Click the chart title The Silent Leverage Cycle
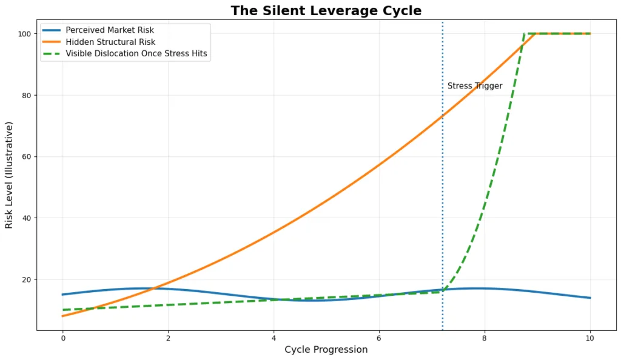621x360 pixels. pos(326,11)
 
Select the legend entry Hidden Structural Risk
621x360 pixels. pos(110,42)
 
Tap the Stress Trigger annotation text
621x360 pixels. pos(475,86)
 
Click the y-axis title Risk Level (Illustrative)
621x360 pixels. pos(9,175)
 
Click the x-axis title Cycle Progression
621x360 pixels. pos(326,350)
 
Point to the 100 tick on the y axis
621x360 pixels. pos(24,34)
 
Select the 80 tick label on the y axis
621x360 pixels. pos(26,95)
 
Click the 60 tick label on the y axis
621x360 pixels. pos(26,157)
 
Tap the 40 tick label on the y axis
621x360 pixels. pos(26,218)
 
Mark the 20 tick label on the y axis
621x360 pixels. pos(26,279)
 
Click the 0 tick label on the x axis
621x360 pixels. pos(62,338)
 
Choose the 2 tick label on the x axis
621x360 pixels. pos(168,338)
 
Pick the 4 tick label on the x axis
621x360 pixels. pos(274,338)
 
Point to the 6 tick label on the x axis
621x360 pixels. pos(379,338)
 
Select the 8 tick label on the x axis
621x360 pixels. pos(485,338)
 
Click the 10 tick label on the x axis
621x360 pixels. pos(590,338)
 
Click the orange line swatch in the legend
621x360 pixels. pos(52,42)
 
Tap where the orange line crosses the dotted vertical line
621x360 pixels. pos(442,115)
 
